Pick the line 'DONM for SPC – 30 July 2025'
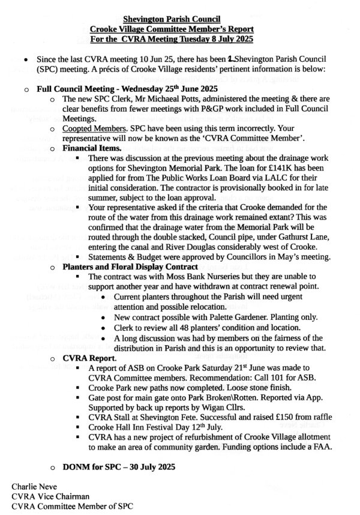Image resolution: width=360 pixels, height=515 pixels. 116,466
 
